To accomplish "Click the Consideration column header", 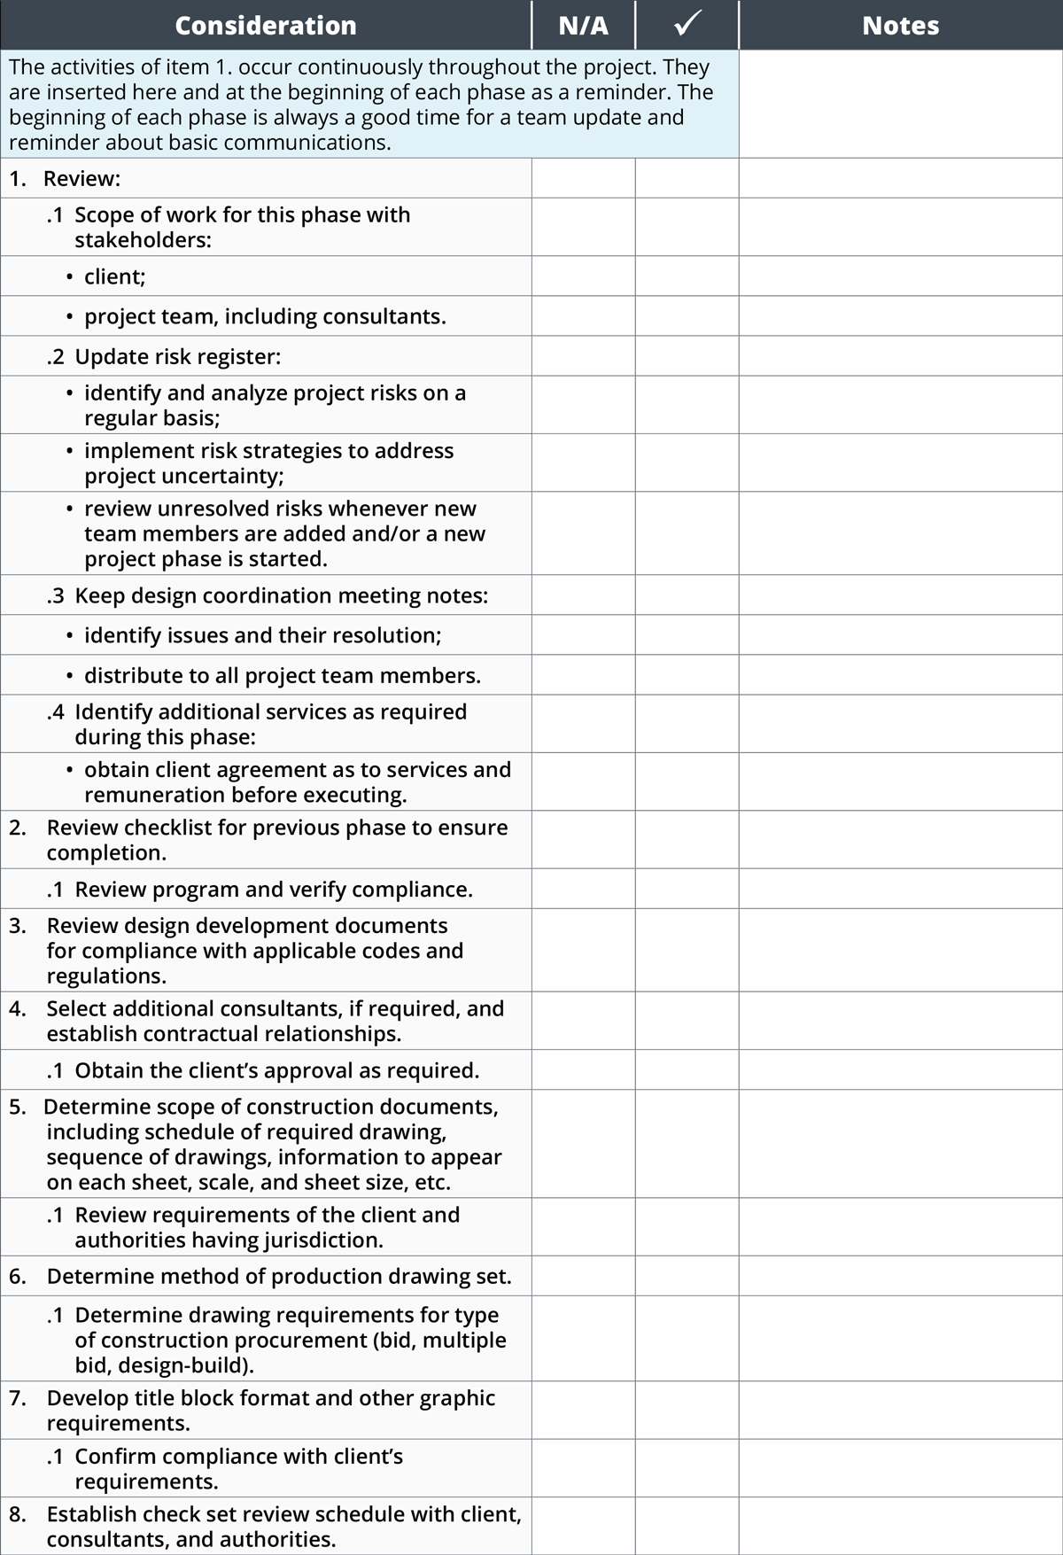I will coord(266,26).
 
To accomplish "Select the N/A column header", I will coord(583,26).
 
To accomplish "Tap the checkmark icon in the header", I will coord(687,25).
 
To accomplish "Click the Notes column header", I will coord(900,26).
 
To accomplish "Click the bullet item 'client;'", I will coord(114,276).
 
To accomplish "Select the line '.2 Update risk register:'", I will coord(164,356).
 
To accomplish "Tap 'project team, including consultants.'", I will coord(265,316).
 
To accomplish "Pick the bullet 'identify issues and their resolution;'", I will coord(262,635).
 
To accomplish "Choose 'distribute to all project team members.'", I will coord(282,675).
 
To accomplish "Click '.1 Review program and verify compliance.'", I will coord(260,889).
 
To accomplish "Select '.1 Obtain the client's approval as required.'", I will coord(263,1070).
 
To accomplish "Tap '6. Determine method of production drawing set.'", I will coord(260,1276).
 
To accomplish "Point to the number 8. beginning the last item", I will coord(18,1514).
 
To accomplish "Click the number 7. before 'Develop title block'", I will coord(18,1398).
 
